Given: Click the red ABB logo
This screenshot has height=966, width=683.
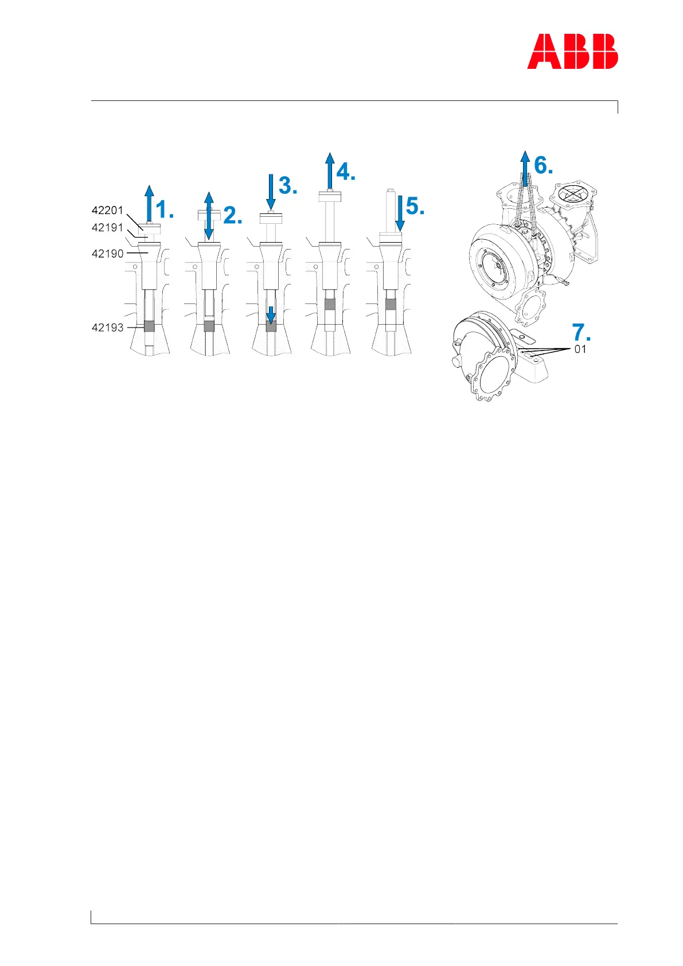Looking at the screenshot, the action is (572, 52).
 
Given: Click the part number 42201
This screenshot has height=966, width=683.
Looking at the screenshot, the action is (107, 211).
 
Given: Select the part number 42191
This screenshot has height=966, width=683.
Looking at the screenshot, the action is (107, 228).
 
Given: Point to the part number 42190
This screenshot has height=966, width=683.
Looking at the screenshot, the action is (107, 254).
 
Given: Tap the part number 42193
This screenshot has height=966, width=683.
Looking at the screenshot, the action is (107, 328).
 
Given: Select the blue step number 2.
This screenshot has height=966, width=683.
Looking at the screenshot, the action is (233, 216).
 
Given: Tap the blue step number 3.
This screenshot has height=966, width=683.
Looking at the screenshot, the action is (288, 186).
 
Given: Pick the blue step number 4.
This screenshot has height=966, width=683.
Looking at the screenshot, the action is (346, 172).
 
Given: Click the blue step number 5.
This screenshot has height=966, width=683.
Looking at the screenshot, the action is (415, 207).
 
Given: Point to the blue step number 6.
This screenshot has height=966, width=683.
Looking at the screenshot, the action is (544, 165).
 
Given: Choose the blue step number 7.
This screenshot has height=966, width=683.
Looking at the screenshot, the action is (581, 333).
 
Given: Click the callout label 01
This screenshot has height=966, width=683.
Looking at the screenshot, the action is (580, 349).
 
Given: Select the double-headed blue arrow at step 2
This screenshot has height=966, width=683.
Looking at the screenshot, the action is (209, 216).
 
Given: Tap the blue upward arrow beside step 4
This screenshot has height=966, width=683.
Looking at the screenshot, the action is (329, 170).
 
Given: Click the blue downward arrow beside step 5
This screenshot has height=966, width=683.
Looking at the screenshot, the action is (400, 213).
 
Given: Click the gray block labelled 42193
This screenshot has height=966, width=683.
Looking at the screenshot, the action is (149, 326).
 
